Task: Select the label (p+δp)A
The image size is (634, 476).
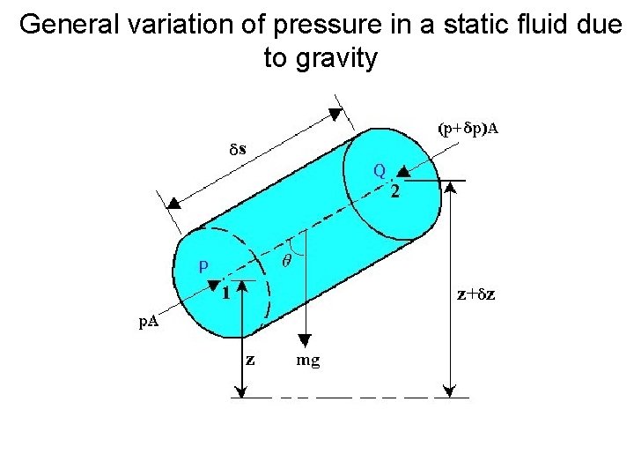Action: (468, 129)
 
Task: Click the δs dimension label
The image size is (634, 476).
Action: (232, 149)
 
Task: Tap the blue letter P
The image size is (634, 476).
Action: (203, 264)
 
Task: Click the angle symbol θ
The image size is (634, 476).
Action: (287, 261)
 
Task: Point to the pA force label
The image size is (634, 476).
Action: (149, 323)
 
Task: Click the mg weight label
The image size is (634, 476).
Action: (308, 360)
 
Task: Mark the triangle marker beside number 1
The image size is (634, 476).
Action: (214, 284)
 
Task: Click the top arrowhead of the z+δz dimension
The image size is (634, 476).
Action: (452, 187)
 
